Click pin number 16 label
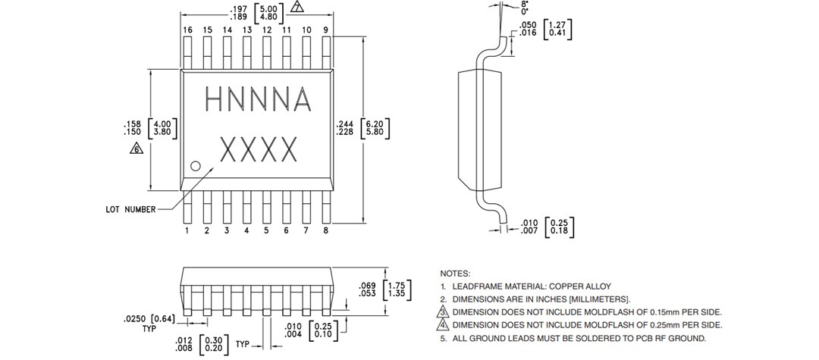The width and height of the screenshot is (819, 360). click(x=187, y=30)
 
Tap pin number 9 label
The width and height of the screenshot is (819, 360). click(x=325, y=30)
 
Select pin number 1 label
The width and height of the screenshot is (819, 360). click(x=187, y=230)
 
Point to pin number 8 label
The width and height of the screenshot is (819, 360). click(x=325, y=230)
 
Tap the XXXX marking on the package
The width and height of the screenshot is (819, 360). click(x=257, y=150)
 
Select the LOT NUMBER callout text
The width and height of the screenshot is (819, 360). click(x=130, y=209)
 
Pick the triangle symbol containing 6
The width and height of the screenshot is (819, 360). click(x=137, y=149)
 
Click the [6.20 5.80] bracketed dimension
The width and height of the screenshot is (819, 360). click(x=375, y=127)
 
